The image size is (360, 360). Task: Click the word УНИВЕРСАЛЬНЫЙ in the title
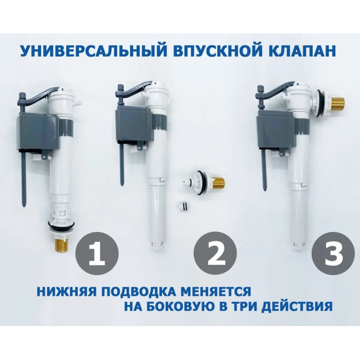point(94,50)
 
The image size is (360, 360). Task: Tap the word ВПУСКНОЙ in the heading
point(218,50)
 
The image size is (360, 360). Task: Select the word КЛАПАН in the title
point(302,50)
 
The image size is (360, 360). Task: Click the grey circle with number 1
point(97,253)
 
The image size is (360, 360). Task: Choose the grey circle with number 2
point(215,253)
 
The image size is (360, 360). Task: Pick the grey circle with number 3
point(333,253)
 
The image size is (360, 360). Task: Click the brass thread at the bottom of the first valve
point(63,244)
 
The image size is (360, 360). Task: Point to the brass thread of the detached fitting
point(218,182)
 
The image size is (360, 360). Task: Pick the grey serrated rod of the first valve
point(25,179)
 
